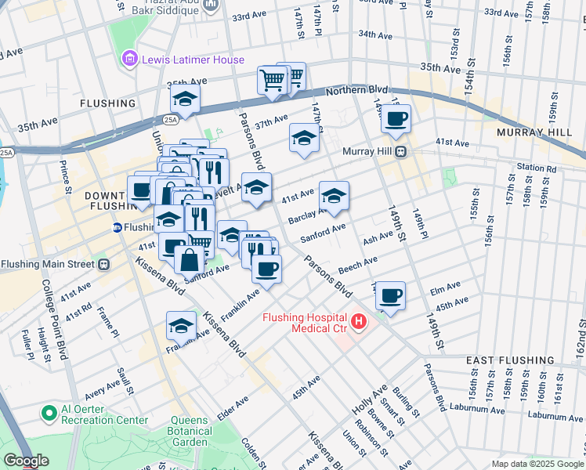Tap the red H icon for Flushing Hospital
click(x=359, y=321)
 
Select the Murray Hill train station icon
click(x=400, y=151)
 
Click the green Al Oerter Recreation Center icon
click(x=49, y=413)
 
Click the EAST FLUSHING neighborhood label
click(x=510, y=360)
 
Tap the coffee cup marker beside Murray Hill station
click(x=396, y=118)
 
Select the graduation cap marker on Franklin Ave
click(x=181, y=326)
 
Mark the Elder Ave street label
click(x=233, y=408)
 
